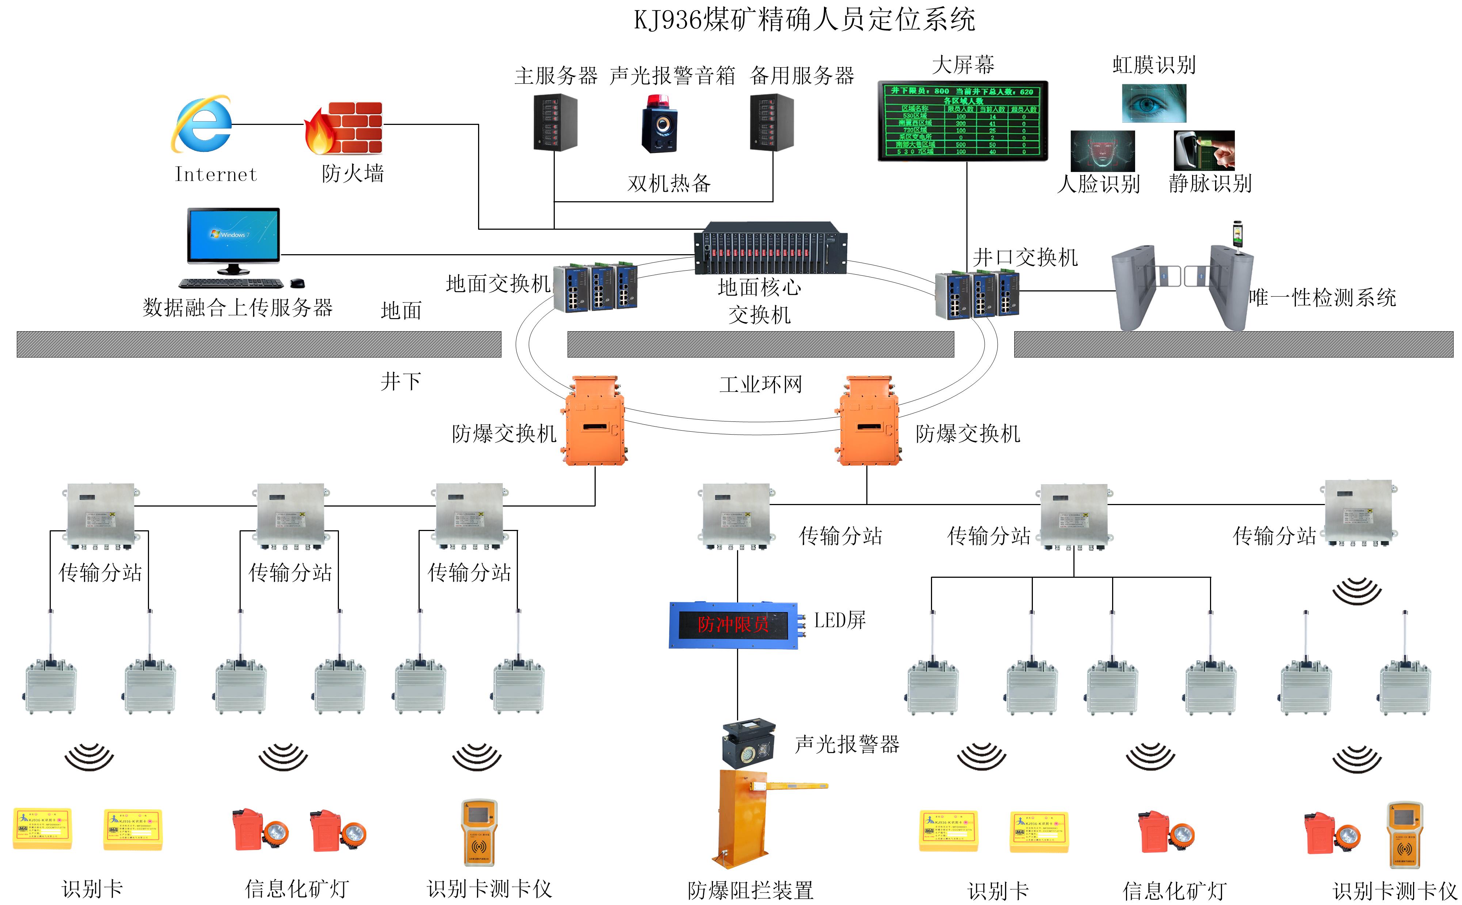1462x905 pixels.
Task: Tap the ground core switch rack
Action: pos(770,248)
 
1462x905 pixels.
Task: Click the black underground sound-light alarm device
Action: pos(749,745)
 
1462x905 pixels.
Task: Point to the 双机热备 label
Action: pos(668,183)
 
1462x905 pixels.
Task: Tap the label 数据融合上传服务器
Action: pos(238,308)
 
